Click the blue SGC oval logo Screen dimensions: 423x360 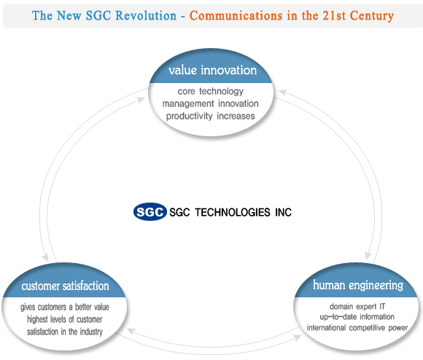click(150, 212)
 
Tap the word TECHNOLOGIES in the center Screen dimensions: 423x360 click(233, 212)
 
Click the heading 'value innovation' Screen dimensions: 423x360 click(212, 70)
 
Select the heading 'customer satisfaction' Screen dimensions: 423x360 click(66, 286)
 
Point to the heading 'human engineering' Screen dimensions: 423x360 click(358, 286)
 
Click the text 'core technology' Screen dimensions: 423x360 click(211, 91)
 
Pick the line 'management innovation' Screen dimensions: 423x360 click(211, 103)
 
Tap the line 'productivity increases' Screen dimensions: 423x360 click(211, 116)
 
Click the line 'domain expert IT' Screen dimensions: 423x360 click(357, 306)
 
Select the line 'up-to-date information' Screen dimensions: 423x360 click(357, 316)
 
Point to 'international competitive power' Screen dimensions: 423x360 click(357, 328)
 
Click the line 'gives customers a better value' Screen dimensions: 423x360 click(65, 308)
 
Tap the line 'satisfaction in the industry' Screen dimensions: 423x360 click(65, 332)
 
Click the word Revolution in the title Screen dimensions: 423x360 click(146, 15)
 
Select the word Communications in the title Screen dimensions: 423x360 click(236, 15)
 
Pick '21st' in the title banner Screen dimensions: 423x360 click(334, 15)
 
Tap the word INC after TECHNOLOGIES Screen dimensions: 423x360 click(283, 212)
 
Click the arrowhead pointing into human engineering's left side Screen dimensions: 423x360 click(298, 337)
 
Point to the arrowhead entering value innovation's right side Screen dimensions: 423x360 click(283, 92)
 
